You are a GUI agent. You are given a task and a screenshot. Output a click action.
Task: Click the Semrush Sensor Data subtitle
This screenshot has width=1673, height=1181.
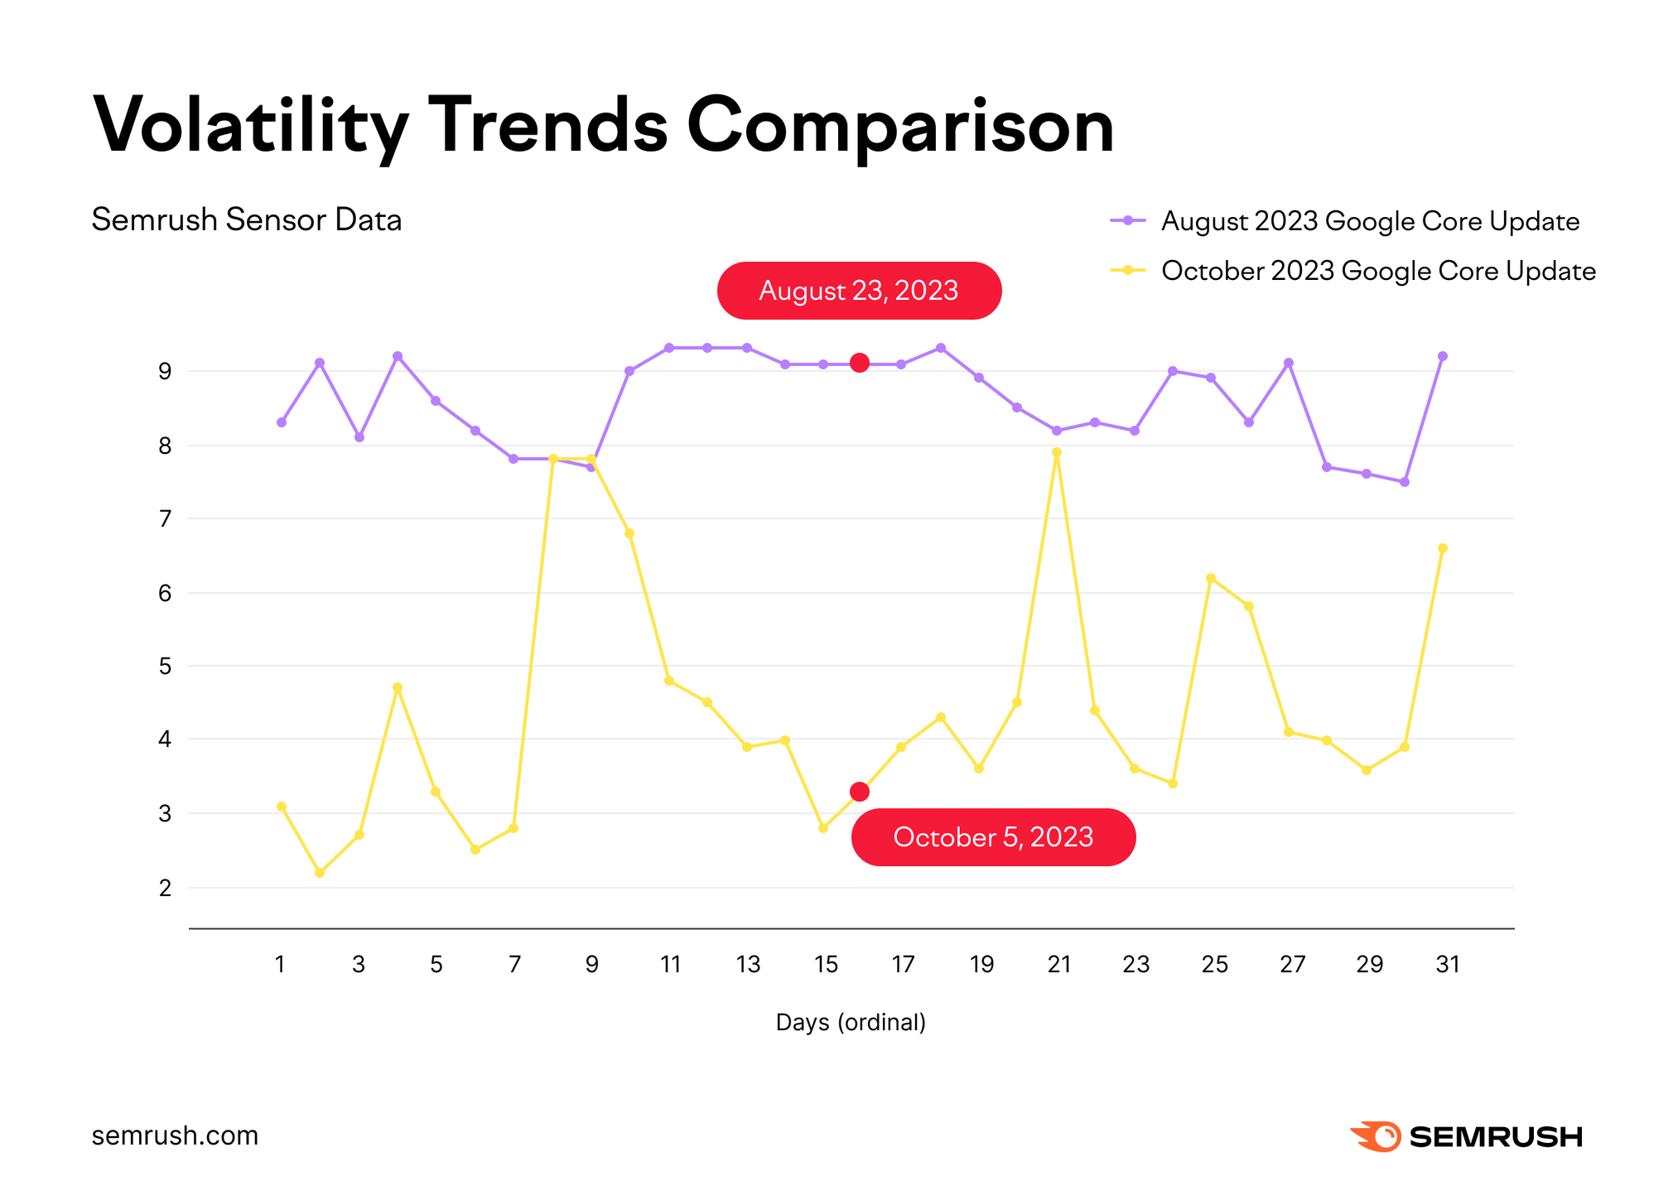[x=246, y=219]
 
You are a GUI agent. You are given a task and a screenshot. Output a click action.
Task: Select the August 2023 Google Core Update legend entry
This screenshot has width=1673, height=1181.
[x=1370, y=221]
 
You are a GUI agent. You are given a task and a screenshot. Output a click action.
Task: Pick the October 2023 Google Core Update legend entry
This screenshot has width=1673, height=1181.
[x=1378, y=271]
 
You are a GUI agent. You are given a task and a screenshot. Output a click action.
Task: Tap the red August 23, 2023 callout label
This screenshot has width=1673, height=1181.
[x=859, y=291]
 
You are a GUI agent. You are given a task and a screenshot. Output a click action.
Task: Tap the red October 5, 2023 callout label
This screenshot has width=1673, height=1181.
[x=993, y=837]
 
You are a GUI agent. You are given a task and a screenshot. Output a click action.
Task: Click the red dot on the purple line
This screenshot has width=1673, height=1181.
[x=860, y=363]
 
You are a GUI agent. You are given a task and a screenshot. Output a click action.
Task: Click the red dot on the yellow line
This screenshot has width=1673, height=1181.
[x=860, y=792]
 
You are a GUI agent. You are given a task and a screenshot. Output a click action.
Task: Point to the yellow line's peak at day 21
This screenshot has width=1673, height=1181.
[x=1057, y=452]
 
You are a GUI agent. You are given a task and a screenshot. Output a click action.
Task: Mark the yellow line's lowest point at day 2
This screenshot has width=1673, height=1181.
[x=320, y=873]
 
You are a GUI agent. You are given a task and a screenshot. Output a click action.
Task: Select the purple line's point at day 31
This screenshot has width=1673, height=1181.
[x=1443, y=356]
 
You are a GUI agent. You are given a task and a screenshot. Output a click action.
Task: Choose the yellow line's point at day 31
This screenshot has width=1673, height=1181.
[x=1443, y=548]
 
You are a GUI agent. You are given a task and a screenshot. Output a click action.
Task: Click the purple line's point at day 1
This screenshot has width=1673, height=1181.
[x=282, y=422]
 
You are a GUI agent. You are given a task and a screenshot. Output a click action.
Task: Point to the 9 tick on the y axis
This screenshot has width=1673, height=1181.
[x=166, y=371]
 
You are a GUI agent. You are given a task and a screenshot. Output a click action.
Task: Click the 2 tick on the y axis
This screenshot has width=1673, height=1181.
[x=166, y=888]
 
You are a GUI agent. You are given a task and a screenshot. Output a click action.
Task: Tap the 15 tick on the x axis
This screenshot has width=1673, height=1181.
[x=826, y=964]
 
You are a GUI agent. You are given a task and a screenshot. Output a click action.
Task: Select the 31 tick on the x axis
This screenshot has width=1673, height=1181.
[x=1447, y=964]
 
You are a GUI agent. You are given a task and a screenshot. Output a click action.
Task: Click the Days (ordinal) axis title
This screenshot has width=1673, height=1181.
[x=851, y=1022]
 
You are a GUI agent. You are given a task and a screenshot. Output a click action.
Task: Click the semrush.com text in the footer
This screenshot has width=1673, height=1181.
[x=175, y=1135]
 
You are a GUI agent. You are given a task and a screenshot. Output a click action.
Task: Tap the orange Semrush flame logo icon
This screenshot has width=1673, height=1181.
[x=1376, y=1136]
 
